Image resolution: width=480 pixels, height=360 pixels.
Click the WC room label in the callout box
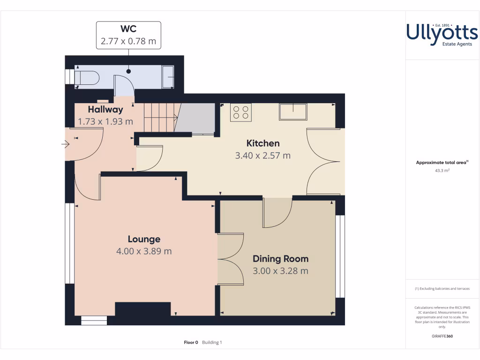tap(128, 29)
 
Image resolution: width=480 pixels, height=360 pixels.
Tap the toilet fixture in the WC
tap(87, 77)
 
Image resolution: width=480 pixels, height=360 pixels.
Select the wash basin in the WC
tap(168, 77)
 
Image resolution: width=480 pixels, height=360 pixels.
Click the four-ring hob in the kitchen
tap(241, 112)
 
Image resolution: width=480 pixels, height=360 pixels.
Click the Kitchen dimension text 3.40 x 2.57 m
tap(262, 155)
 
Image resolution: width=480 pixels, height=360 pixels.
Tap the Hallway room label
tap(105, 110)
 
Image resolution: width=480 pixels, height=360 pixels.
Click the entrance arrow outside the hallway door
tap(64, 144)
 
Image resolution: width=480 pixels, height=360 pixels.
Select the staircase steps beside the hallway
tap(159, 118)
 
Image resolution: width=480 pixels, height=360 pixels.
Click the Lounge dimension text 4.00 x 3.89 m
tap(144, 251)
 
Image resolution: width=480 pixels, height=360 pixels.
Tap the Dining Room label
tap(280, 259)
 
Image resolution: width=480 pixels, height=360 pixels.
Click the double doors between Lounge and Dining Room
tap(231, 258)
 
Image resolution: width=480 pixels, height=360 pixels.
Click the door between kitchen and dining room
tap(277, 213)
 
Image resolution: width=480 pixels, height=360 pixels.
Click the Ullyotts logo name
tap(442, 33)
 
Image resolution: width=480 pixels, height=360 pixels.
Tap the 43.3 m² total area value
tap(442, 171)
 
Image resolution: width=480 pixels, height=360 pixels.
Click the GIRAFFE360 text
tap(442, 336)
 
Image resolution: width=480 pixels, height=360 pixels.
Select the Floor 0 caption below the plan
tap(191, 343)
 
